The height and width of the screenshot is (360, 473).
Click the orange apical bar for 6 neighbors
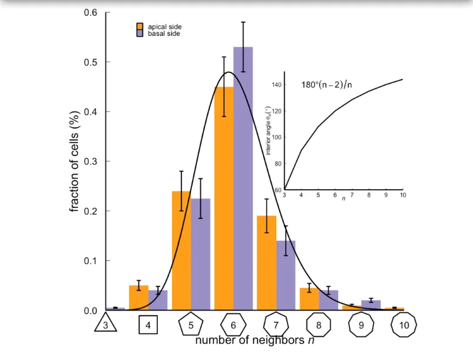[x=224, y=200]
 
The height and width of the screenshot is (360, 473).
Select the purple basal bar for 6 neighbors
[x=243, y=177]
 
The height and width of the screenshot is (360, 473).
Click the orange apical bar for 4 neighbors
[x=138, y=298]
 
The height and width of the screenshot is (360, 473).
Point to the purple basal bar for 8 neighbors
[x=328, y=300]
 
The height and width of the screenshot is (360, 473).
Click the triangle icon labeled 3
[x=106, y=325]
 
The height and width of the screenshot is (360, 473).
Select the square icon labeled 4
[x=148, y=325]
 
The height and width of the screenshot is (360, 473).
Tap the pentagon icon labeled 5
[x=191, y=325]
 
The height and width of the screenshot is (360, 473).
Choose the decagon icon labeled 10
[x=404, y=325]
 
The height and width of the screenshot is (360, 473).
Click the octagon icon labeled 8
[x=319, y=325]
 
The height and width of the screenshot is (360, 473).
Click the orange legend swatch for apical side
[x=140, y=27]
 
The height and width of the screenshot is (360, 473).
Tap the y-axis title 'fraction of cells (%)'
[x=75, y=162]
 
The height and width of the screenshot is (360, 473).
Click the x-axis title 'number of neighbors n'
[x=250, y=341]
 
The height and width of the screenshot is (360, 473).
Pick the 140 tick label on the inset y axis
[x=276, y=85]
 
